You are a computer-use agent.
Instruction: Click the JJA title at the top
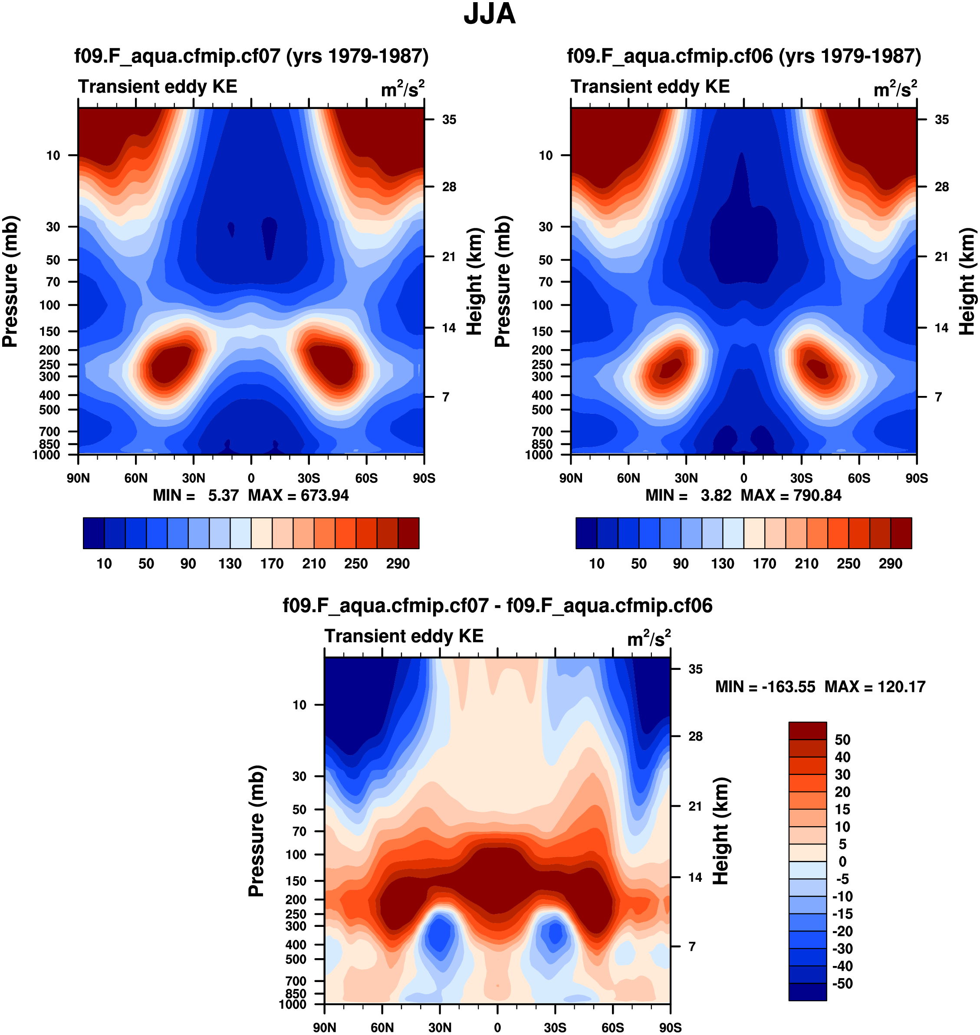490,14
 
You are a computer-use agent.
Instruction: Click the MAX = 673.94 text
298,495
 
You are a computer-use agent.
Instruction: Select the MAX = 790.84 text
791,495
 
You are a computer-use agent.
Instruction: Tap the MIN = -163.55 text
765,686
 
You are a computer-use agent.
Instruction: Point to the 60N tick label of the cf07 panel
136,478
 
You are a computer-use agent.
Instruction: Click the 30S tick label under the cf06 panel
801,478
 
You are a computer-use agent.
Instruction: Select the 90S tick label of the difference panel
670,1028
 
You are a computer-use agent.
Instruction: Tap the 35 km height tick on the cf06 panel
941,120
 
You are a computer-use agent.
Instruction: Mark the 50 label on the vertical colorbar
842,739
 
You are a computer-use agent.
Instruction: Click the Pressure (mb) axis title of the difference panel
257,831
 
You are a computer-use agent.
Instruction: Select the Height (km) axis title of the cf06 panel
967,281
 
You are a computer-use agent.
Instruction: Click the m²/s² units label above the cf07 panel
403,89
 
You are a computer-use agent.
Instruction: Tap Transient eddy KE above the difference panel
404,636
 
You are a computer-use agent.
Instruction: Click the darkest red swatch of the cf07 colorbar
408,533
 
